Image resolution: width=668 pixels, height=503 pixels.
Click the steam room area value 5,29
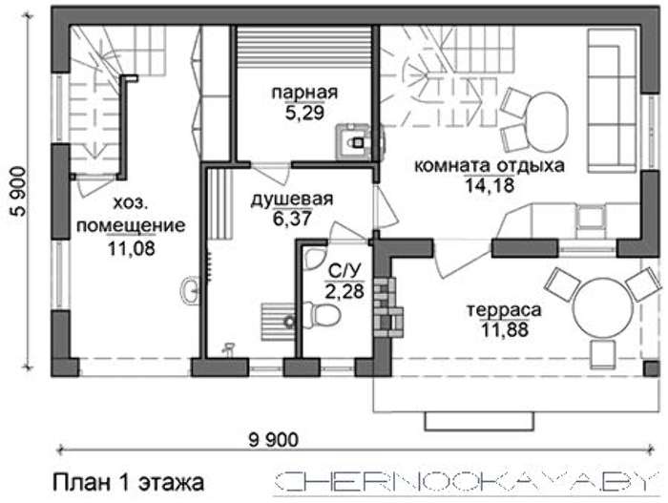click(x=305, y=113)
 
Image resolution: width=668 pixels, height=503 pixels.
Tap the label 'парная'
click(x=304, y=92)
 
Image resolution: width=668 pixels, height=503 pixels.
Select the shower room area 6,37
click(x=292, y=219)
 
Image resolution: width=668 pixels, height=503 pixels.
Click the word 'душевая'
click(x=292, y=199)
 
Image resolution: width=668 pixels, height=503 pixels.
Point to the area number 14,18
click(x=490, y=185)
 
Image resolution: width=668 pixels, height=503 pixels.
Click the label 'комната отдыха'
click(x=490, y=165)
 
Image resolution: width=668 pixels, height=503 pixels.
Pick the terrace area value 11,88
click(x=505, y=329)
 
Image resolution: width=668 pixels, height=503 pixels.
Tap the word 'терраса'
click(x=505, y=310)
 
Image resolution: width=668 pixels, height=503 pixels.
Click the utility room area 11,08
click(x=132, y=248)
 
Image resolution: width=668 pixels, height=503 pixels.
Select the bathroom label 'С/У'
click(x=344, y=270)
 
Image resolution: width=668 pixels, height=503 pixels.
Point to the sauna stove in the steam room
click(x=353, y=141)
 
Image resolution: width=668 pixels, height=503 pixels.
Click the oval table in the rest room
click(x=548, y=122)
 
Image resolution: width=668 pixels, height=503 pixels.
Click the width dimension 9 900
click(x=274, y=439)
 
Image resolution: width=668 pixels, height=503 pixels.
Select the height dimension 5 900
click(x=18, y=192)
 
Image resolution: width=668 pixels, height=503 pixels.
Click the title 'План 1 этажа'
click(x=128, y=483)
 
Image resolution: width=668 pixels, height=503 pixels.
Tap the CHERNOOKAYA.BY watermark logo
click(x=466, y=483)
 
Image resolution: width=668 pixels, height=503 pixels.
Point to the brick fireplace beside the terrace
click(x=388, y=307)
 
